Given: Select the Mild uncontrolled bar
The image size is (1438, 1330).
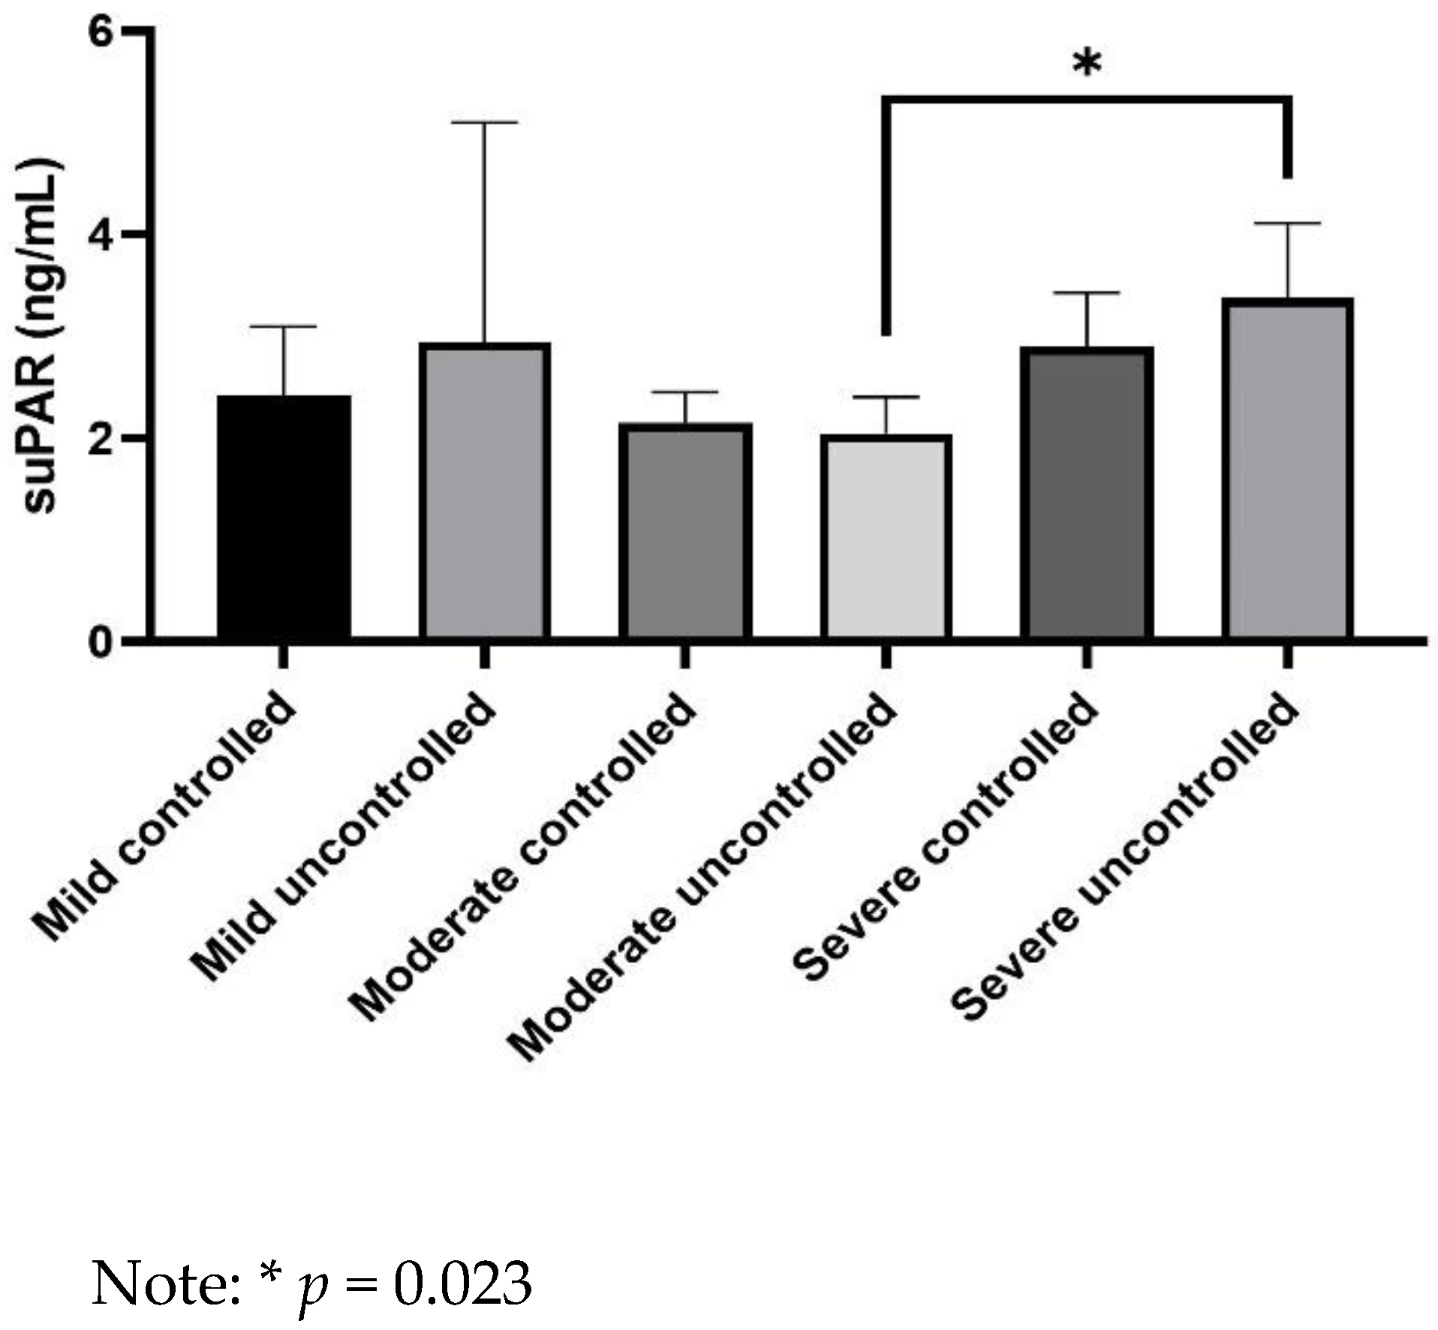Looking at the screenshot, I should [484, 491].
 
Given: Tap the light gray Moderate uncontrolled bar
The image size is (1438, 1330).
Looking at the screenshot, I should [886, 537].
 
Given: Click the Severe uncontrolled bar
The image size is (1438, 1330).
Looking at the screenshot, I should [1287, 469].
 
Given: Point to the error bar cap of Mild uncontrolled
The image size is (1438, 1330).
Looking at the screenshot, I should [484, 122].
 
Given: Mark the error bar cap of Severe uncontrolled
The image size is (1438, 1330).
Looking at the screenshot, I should [1287, 224].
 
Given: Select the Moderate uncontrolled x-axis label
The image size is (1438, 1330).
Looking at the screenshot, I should [702, 874].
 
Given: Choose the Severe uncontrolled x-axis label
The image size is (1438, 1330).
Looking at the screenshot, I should [1126, 855].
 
